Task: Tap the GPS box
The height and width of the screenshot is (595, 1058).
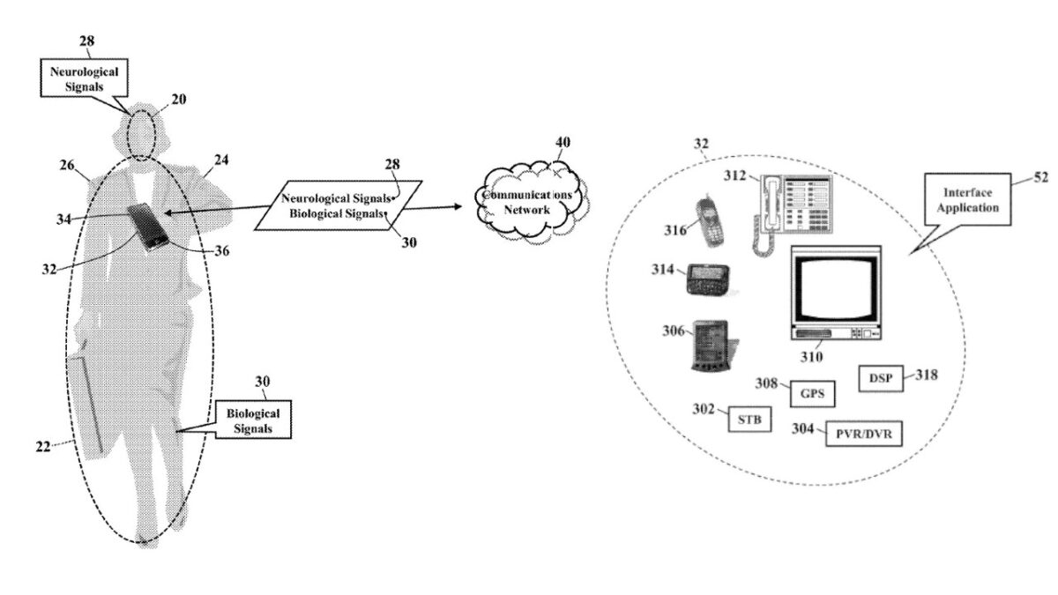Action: pyautogui.click(x=811, y=393)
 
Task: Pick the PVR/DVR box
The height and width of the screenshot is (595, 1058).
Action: pyautogui.click(x=864, y=434)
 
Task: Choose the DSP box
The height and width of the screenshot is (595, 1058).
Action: pyautogui.click(x=880, y=379)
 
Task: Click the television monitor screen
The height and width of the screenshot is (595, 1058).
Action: pyautogui.click(x=832, y=289)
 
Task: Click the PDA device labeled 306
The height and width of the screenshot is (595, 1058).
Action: pyautogui.click(x=712, y=346)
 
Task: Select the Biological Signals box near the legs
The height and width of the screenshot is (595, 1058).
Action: pyautogui.click(x=254, y=420)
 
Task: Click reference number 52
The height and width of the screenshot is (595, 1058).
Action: pyautogui.click(x=1040, y=178)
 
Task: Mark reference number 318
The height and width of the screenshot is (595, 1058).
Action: pyautogui.click(x=926, y=375)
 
